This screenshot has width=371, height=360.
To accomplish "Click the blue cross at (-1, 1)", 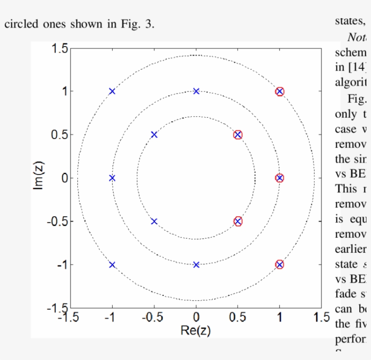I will (x=112, y=91).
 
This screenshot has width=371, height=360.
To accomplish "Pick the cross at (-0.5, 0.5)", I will (x=154, y=135).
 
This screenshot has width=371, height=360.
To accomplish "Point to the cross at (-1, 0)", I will (x=112, y=178).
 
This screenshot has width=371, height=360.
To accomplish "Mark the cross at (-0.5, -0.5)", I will (x=154, y=221).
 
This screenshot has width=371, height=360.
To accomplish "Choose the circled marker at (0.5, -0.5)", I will (x=238, y=221).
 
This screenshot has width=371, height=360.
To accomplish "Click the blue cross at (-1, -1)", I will (x=112, y=265).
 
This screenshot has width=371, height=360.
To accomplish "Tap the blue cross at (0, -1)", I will (x=196, y=265).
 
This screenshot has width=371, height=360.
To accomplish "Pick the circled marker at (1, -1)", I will (x=280, y=265).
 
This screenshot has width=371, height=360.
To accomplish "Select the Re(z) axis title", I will (x=195, y=330).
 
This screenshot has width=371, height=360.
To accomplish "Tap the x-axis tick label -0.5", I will (x=152, y=317).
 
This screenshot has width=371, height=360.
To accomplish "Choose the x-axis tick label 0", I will (x=196, y=317).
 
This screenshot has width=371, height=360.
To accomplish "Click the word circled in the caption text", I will (x=21, y=24).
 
